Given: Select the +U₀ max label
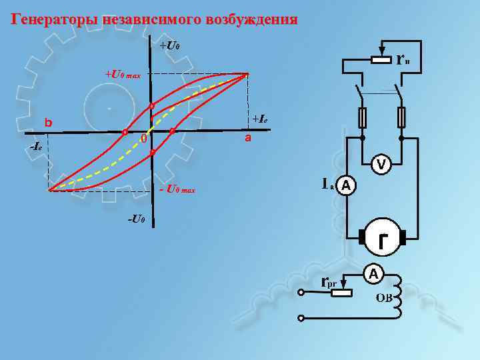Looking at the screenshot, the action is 122,74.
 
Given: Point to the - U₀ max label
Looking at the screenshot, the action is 177,190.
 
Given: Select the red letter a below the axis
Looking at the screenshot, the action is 247,138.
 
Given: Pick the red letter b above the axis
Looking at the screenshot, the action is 48,123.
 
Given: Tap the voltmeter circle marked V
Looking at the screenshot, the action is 380,163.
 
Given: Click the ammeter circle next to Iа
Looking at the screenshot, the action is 346,186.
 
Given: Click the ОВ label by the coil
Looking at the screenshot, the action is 383,297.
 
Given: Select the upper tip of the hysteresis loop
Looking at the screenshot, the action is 247,74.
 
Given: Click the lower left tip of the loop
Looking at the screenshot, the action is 49,190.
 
